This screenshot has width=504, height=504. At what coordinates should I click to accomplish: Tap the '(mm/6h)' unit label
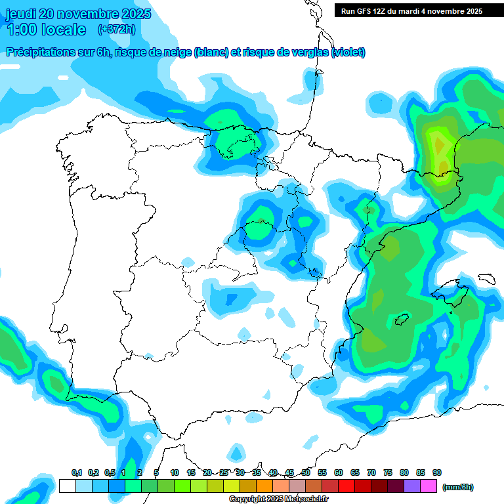(x=457, y=487)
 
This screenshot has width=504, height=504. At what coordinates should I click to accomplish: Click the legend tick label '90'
(x=437, y=472)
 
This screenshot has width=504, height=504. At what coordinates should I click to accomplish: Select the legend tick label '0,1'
(x=77, y=472)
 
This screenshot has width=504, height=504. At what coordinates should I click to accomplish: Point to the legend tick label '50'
(x=306, y=472)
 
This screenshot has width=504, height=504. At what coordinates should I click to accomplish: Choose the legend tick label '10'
(x=175, y=472)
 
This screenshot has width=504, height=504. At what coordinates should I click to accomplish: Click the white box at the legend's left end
(x=67, y=486)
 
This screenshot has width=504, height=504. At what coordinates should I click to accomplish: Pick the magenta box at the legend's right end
(x=429, y=486)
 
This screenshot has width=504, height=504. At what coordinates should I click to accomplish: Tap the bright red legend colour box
(x=346, y=486)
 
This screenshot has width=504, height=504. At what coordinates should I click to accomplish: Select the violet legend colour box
(x=412, y=486)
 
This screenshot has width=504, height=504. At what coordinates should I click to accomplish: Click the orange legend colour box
(x=264, y=486)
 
